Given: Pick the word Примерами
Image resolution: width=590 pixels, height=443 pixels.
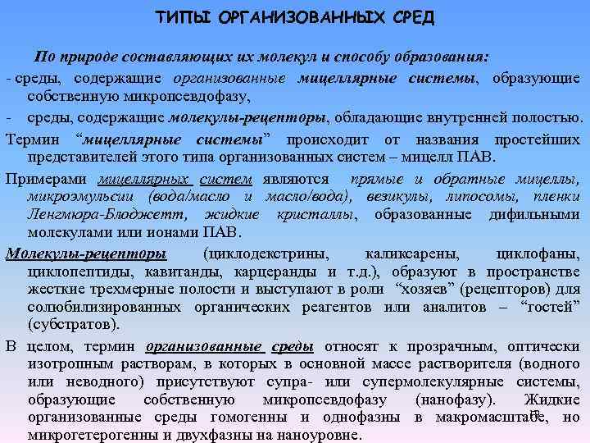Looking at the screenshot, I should click(x=48, y=177).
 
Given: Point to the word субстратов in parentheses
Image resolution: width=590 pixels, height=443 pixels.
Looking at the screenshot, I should click(x=66, y=326).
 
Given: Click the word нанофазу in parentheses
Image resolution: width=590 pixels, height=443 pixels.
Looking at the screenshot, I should click(x=454, y=400).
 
